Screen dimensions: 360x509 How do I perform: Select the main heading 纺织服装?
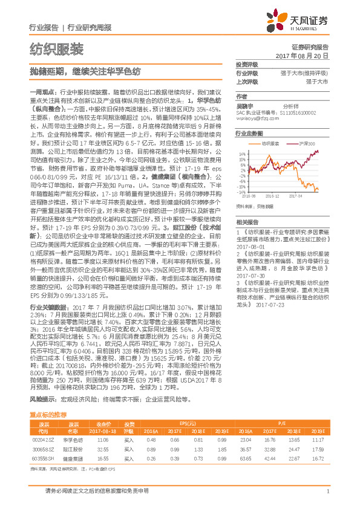(x=56, y=48)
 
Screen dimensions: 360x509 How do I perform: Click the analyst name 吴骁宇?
(x=244, y=105)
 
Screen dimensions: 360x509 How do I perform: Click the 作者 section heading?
(x=242, y=96)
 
